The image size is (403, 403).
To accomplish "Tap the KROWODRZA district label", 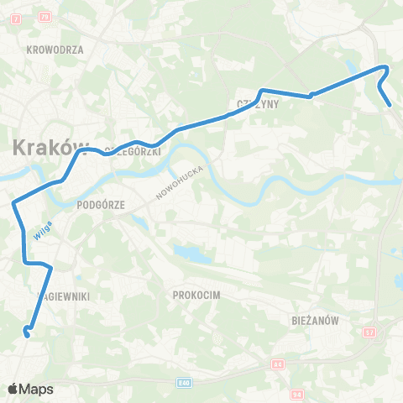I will coord(55,50).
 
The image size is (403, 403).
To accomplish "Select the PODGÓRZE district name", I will coord(100,203).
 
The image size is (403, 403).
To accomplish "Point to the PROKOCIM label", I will coord(195,295).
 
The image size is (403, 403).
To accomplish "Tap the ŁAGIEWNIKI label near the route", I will coord(65,296).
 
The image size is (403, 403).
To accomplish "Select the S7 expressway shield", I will coord(369,333).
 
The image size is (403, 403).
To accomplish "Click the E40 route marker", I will coord(184,383).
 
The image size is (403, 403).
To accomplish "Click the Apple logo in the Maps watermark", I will coord(13,389).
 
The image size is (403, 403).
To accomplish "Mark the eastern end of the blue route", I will coord(391,105).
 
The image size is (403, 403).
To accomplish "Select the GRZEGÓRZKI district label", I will coord(134,149).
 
